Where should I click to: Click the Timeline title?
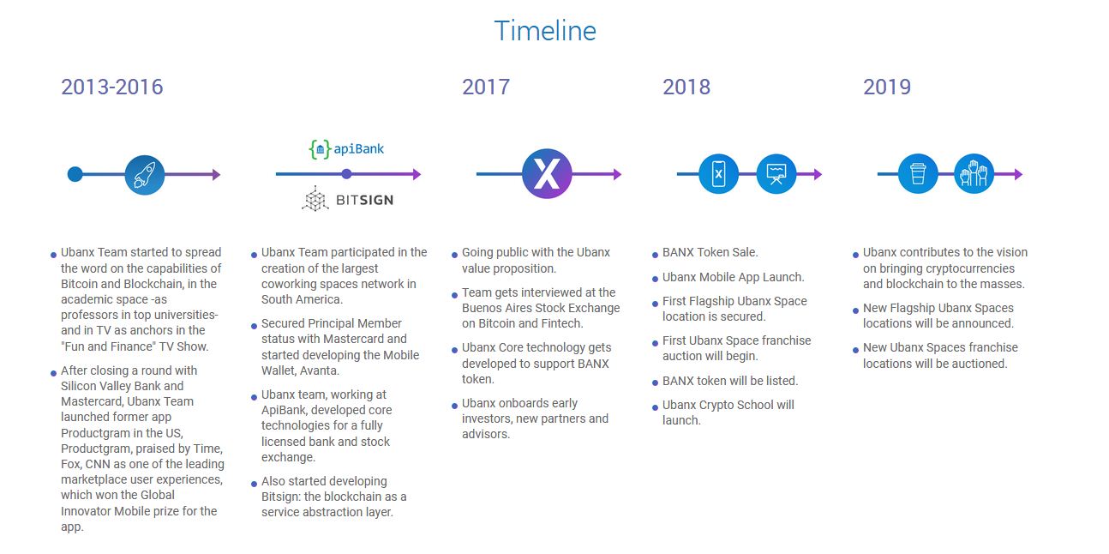[x=545, y=31]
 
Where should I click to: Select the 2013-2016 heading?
[x=112, y=87]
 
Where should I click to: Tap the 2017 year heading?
[x=486, y=87]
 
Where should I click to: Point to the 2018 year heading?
[x=686, y=87]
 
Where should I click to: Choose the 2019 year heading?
[x=887, y=87]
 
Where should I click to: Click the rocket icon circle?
[x=145, y=174]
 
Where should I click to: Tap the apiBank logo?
[x=346, y=148]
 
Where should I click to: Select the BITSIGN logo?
[x=348, y=199]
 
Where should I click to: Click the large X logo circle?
[x=547, y=173]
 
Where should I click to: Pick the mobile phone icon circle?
[x=718, y=174]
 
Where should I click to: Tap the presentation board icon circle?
[x=776, y=174]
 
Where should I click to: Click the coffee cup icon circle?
[x=918, y=173]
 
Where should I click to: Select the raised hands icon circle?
[x=974, y=173]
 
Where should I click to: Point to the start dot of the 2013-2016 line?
[x=75, y=174]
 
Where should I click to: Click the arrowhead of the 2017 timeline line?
[x=617, y=174]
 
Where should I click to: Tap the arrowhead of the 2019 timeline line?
[x=1018, y=174]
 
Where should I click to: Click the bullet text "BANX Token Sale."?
[x=710, y=252]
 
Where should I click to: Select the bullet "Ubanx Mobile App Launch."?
[x=734, y=277]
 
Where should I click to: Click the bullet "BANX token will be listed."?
[x=730, y=381]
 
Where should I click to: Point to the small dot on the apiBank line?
[x=346, y=174]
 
